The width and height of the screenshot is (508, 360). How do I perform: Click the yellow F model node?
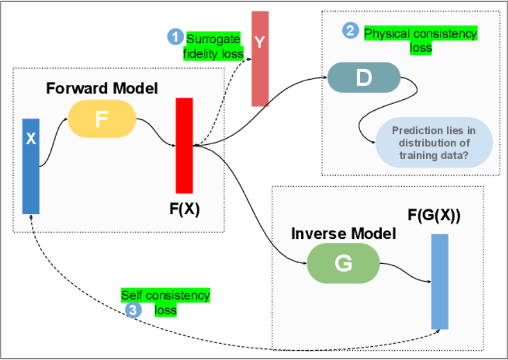pos(102,119)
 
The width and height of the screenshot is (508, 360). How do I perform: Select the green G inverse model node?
pos(343,263)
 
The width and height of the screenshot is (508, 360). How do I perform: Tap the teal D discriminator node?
pos(364,77)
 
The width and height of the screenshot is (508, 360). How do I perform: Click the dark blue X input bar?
pos(31,166)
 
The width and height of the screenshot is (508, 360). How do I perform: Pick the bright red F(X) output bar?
pos(184,145)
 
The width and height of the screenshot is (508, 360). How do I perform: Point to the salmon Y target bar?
pos(260,58)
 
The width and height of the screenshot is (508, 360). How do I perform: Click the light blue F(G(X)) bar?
pos(439,282)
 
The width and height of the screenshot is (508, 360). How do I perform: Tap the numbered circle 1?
pos(175,37)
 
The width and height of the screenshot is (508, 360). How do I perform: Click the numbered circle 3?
pos(133,310)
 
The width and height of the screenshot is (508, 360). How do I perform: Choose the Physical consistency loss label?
pos(420,40)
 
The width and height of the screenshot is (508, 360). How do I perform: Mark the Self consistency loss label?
pos(166,302)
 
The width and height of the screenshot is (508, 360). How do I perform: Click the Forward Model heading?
pos(102,88)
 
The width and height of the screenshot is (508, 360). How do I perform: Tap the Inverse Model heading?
pos(343,234)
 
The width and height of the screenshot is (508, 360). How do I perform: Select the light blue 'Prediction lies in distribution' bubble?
pos(434,142)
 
